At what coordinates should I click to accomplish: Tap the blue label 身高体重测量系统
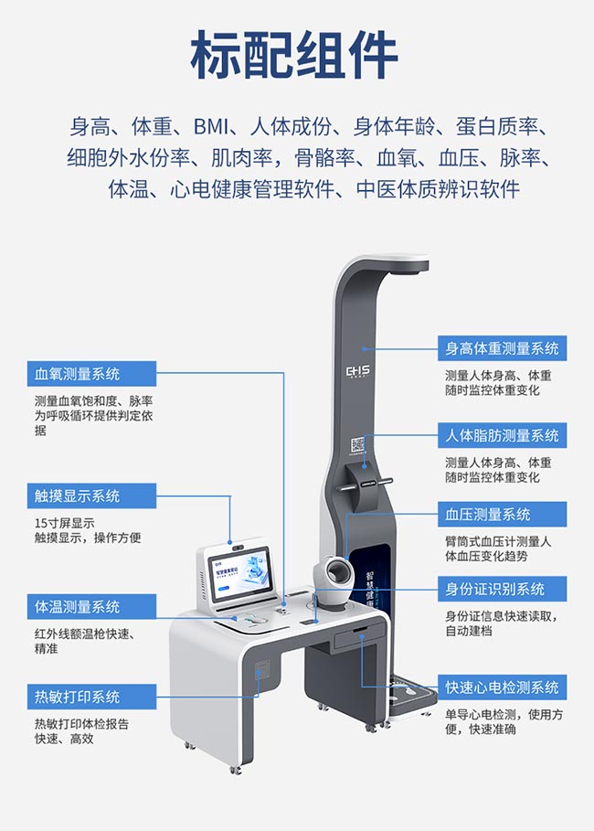502,348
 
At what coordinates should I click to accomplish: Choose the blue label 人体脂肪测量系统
502,436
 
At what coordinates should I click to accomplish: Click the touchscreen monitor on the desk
238,577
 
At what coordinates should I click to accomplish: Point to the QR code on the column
358,446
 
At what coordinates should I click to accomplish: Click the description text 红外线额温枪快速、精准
83,641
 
